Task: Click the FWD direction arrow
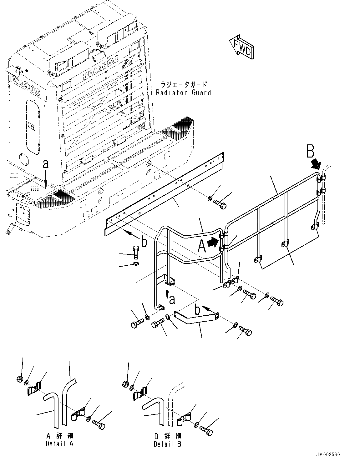(x=242, y=47)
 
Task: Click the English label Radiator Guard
(x=184, y=93)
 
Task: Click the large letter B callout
(x=310, y=152)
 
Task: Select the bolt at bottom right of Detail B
(x=206, y=431)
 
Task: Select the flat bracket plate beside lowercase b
(x=195, y=317)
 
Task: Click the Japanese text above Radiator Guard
(x=184, y=84)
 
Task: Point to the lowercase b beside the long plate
(x=144, y=242)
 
